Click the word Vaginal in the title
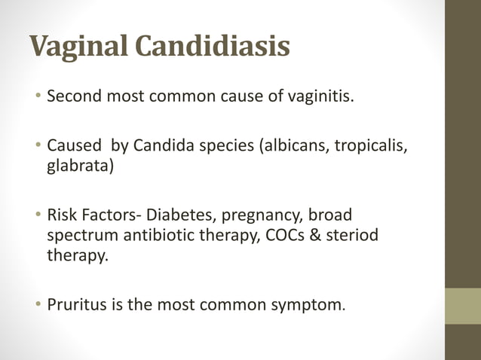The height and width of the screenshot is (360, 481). tap(78, 47)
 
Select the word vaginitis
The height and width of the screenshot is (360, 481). tap(312, 97)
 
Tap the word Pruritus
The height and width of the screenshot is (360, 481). tap(75, 307)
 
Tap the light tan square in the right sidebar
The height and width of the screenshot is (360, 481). tap(463, 306)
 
